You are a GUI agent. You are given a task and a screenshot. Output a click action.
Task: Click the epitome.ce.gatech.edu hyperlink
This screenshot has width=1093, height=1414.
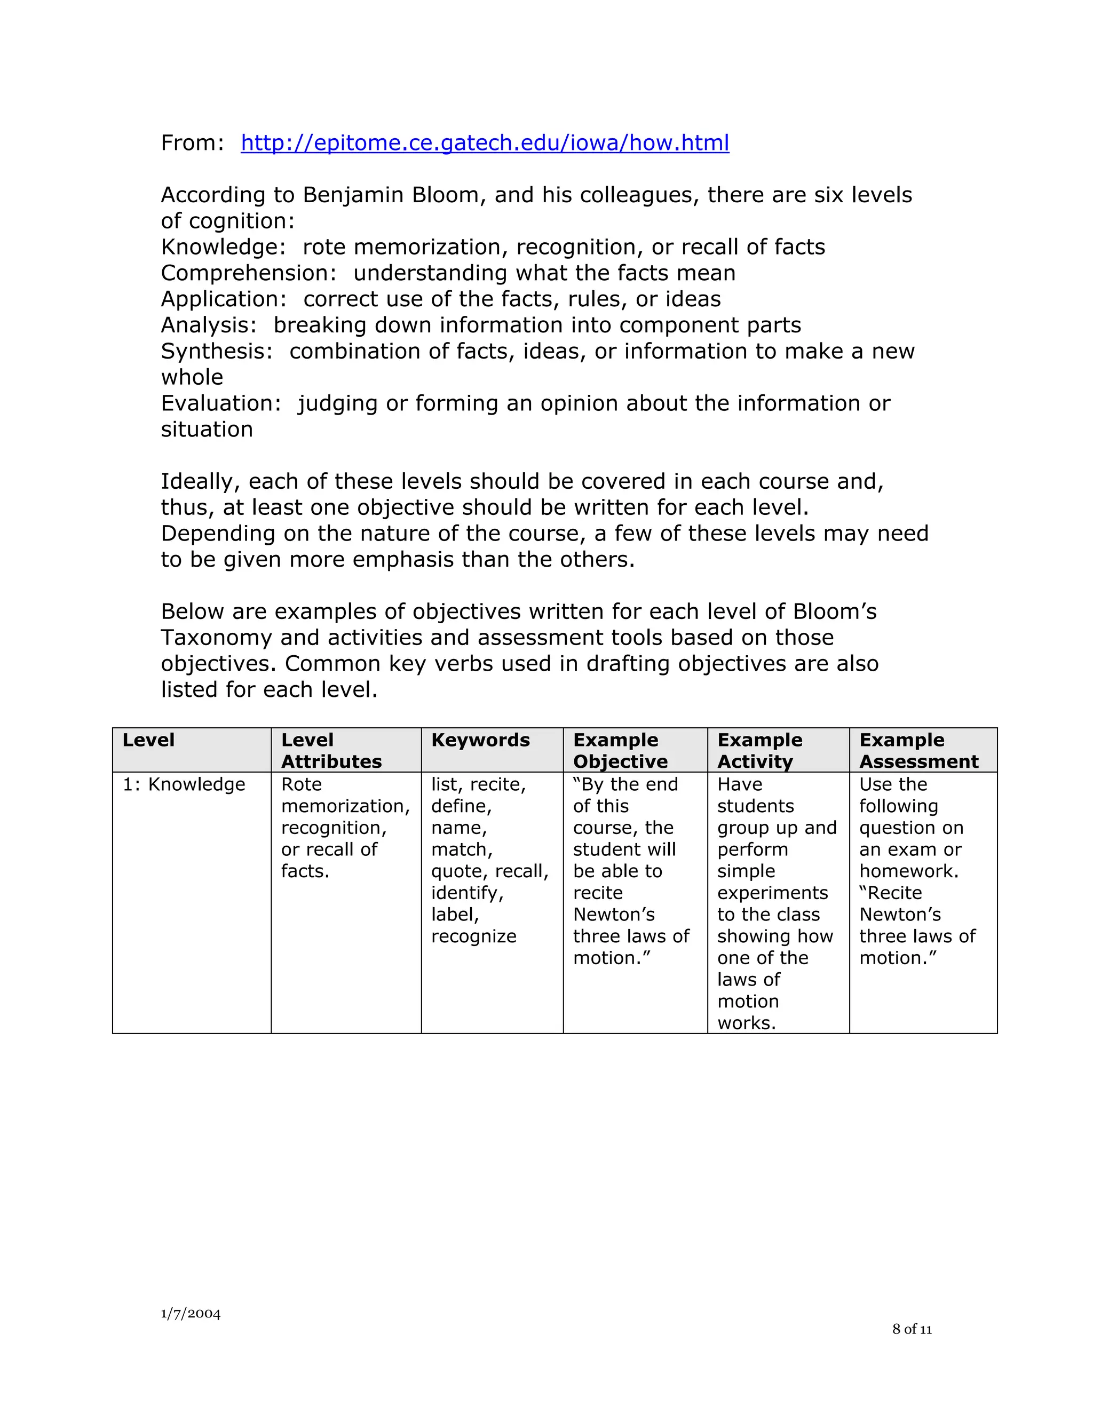485,143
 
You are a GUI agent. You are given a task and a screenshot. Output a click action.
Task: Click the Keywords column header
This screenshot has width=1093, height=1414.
480,740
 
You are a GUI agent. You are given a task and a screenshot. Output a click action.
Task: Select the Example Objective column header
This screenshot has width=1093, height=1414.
620,750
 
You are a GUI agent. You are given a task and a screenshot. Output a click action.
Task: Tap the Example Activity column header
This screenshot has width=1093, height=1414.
759,750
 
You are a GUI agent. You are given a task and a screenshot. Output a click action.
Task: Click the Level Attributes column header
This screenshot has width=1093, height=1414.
331,750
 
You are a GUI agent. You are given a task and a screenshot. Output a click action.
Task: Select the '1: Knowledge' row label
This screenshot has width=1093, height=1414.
184,785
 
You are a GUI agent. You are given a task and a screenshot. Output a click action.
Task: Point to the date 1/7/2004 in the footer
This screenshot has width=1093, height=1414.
191,1314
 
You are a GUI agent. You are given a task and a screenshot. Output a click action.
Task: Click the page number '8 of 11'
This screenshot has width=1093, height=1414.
912,1329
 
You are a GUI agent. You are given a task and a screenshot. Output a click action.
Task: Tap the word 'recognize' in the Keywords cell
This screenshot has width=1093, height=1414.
473,937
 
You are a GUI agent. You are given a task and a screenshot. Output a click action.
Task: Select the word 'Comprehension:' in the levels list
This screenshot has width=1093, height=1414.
249,273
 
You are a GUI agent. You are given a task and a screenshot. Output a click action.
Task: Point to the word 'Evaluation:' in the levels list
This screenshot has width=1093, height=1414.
221,403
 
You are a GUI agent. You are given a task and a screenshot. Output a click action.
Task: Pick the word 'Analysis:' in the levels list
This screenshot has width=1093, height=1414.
209,325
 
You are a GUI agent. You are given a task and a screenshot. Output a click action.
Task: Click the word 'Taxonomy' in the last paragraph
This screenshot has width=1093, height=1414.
216,638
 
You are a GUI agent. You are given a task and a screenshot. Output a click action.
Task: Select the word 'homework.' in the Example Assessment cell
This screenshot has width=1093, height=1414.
908,871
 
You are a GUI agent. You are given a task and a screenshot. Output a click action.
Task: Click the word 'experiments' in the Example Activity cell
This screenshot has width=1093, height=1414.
772,893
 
